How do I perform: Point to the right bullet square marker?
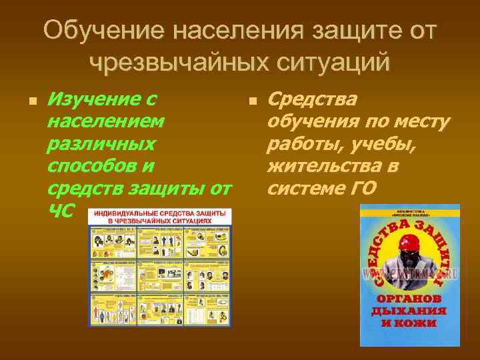pos(251,102)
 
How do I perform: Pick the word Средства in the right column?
pos(311,99)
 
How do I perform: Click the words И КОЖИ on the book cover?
pos(409,323)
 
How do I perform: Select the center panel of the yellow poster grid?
pos(160,273)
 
